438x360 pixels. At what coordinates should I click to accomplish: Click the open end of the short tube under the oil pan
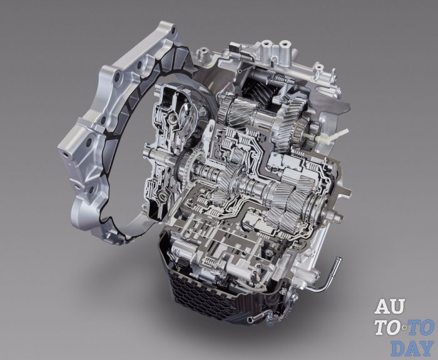coord(250,319)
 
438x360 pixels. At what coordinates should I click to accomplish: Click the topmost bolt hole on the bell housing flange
coord(173,29)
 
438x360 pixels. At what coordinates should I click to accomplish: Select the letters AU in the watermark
coord(390,307)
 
